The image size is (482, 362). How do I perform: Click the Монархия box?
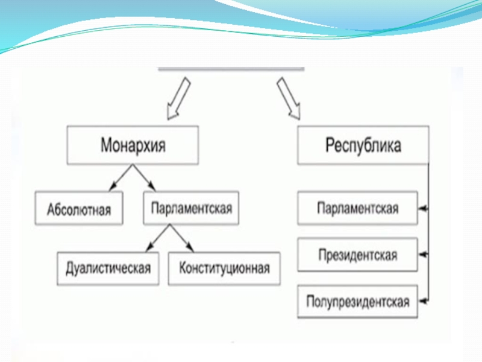pos(133,145)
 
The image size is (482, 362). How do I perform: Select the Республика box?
pos(363,145)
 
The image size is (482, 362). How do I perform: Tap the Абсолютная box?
pos(78,209)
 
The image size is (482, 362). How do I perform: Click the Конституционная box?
pos(224,268)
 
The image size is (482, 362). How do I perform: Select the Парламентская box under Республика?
pos(358,208)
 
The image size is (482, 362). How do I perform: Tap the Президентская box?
pos(358,255)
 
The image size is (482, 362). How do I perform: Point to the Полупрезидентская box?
pos(358,301)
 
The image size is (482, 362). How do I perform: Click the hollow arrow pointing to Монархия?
pos(176,98)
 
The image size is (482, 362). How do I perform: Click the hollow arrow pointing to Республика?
pos(291,98)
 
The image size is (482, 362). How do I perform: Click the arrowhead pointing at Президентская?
pos(423,255)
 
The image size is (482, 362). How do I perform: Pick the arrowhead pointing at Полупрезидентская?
pos(423,300)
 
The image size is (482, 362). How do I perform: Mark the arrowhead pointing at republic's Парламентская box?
pos(423,208)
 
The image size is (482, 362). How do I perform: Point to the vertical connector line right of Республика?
pos(429,241)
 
